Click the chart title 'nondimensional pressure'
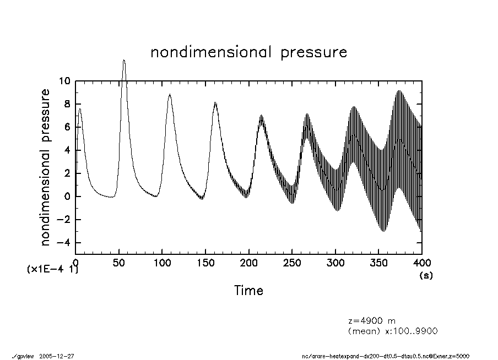tap(249, 52)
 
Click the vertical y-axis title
tap(46, 167)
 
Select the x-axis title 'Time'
tap(248, 290)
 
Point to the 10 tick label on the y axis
tap(65, 81)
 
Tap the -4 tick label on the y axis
tap(63, 243)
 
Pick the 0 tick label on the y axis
tap(67, 197)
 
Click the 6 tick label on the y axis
tap(67, 127)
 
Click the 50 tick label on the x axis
tap(119, 263)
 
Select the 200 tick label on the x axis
tap(249, 263)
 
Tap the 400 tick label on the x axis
tap(422, 263)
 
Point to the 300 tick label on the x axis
tap(335, 263)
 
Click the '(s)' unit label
tap(426, 275)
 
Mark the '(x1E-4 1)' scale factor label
tap(52, 270)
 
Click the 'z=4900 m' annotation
tap(371, 321)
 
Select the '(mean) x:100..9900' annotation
tap(393, 331)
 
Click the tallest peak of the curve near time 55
tap(124, 60)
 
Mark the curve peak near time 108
tap(170, 94)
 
